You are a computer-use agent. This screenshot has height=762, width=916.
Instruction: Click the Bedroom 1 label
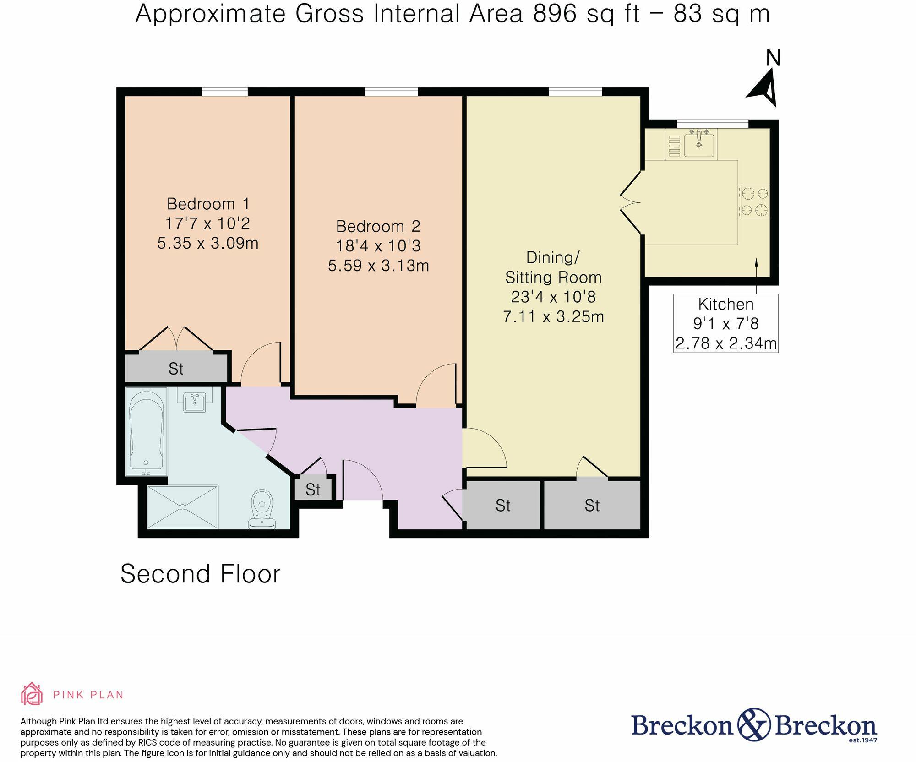pos(208,204)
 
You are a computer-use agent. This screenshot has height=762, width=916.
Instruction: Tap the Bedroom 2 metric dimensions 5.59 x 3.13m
pos(378,266)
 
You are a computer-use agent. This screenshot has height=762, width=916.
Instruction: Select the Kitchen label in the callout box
pos(726,304)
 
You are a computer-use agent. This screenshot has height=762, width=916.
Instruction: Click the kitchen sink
pos(699,143)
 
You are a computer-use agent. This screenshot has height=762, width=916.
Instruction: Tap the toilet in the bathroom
pos(262,509)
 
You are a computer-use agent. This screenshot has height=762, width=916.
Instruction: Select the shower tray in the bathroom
pos(183,507)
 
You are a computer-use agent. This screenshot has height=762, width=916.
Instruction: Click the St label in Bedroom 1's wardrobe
pos(176,369)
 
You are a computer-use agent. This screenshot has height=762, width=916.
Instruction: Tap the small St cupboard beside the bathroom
pos(313,490)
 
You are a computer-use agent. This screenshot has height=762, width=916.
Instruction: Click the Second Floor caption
pos(200,574)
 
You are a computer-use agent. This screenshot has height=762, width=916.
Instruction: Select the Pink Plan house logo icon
pos(32,694)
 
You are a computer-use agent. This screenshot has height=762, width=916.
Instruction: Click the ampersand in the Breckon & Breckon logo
pos(754,724)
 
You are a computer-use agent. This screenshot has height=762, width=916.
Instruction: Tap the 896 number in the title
pos(555,13)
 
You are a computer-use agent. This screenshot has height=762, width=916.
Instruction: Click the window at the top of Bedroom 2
pos(391,92)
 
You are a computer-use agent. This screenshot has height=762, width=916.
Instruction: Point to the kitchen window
pos(713,124)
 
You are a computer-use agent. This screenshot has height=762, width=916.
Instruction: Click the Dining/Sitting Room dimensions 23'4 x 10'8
pos(553,297)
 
